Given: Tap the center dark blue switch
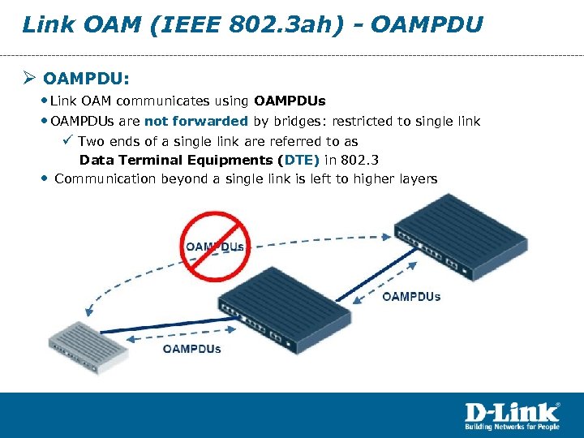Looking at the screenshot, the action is click(x=284, y=301).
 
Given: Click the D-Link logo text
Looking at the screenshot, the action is click(x=512, y=411).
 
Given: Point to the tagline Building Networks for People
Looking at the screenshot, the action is click(x=512, y=427).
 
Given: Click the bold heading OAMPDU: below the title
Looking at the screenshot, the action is click(x=87, y=79).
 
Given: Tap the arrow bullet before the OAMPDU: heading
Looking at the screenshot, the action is click(x=30, y=79).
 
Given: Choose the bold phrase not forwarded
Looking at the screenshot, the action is click(x=196, y=122).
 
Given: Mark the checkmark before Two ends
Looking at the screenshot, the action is click(x=67, y=141).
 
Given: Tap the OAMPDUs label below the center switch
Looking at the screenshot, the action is click(x=191, y=349).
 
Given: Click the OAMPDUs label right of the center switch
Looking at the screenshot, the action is click(x=411, y=296).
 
